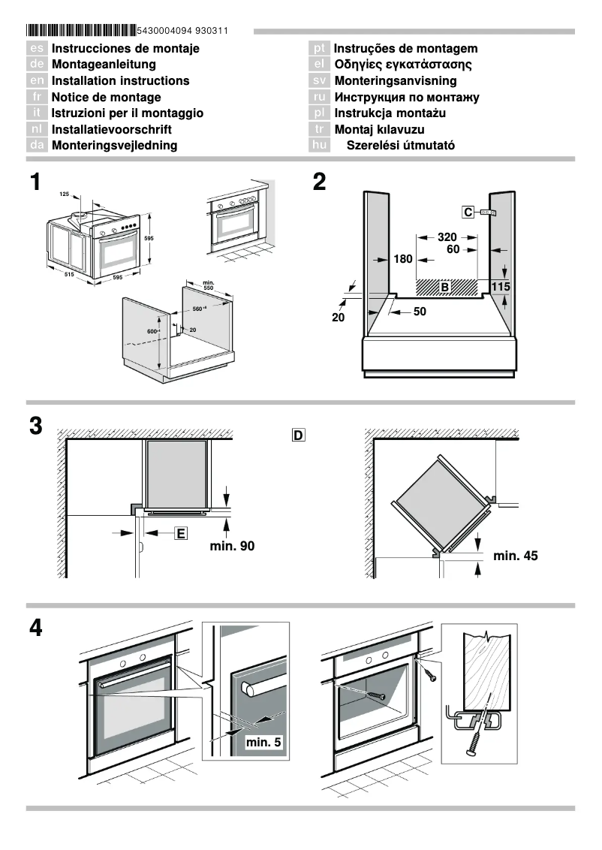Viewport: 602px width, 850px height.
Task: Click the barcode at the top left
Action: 82,31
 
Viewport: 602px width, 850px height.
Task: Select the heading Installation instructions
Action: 120,80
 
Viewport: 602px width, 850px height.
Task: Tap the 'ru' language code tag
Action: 319,97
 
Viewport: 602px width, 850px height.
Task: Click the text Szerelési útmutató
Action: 400,146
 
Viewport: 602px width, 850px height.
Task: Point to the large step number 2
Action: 320,182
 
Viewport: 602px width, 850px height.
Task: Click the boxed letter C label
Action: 468,212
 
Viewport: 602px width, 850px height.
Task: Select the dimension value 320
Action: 447,237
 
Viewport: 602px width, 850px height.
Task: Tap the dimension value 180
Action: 403,260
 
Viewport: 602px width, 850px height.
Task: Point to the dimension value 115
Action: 501,287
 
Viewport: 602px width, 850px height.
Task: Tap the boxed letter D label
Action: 298,435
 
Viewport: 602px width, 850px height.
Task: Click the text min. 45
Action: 516,556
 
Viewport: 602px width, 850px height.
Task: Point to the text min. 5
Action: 263,743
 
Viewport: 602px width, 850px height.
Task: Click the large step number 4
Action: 35,628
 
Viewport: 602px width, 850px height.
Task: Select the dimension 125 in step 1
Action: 64,194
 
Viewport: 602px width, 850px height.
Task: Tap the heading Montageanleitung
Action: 104,65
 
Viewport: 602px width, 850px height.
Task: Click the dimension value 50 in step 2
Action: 419,311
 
